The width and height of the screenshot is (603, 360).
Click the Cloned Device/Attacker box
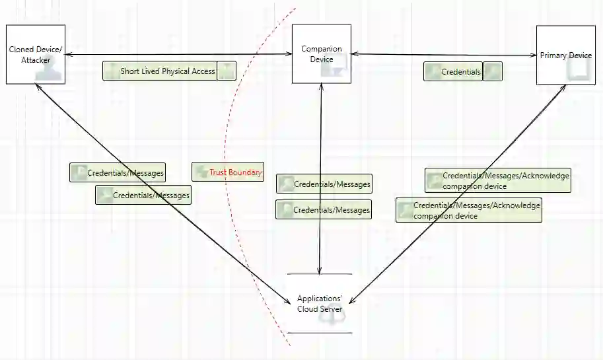click(x=36, y=54)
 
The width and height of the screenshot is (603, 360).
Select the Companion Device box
click(x=322, y=54)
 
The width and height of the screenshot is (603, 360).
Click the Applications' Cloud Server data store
click(x=320, y=304)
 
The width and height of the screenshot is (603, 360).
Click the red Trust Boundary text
click(x=236, y=172)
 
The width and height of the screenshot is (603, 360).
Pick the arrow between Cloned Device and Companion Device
click(x=178, y=54)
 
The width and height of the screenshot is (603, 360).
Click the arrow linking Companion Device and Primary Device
click(x=443, y=55)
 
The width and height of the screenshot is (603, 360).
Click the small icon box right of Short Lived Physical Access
click(x=227, y=71)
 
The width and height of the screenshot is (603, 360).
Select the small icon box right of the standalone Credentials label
click(x=493, y=71)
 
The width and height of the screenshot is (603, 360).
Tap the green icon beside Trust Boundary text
click(x=201, y=172)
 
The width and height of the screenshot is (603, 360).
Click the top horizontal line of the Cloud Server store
click(x=320, y=273)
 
